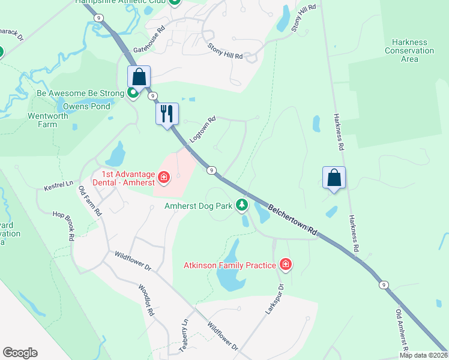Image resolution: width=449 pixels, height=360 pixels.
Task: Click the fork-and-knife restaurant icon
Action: pyautogui.click(x=167, y=113)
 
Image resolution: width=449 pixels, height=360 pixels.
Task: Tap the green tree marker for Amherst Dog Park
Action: pyautogui.click(x=242, y=206)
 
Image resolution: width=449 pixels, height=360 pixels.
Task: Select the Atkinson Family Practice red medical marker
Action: pyautogui.click(x=286, y=265)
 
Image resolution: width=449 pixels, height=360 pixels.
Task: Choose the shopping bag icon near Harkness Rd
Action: pyautogui.click(x=334, y=178)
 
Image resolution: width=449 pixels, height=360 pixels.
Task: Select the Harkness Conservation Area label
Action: pyautogui.click(x=409, y=51)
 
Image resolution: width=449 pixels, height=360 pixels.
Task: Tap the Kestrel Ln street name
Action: pyautogui.click(x=58, y=188)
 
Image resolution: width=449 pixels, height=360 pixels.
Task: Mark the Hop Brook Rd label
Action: pyautogui.click(x=62, y=225)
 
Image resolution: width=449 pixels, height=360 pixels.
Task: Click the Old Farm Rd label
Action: pyautogui.click(x=90, y=201)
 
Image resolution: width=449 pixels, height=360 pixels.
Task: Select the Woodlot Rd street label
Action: pyautogui.click(x=146, y=300)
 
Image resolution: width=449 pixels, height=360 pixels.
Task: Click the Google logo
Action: pyautogui.click(x=20, y=353)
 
